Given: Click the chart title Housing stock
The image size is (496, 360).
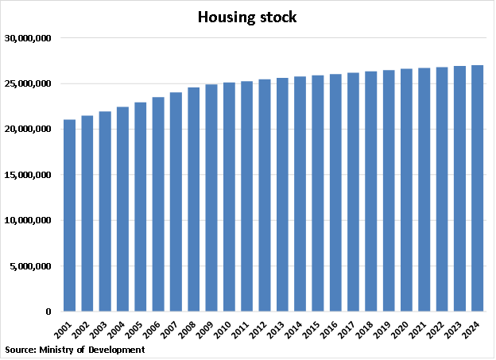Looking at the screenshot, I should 247,17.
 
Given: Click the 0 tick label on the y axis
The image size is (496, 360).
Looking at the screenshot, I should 48,312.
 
